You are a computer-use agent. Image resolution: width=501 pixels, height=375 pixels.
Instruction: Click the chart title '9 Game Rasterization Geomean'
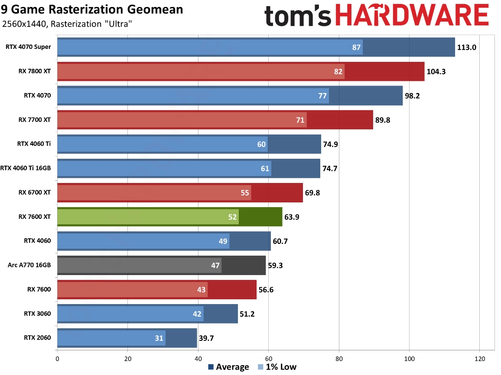(92, 9)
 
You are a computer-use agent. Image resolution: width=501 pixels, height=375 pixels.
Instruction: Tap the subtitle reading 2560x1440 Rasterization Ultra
(67, 24)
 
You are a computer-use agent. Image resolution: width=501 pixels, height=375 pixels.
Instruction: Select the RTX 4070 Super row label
(28, 47)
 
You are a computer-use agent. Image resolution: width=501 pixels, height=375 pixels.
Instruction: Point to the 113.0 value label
(467, 47)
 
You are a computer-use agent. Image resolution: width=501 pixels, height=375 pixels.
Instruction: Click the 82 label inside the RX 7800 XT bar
(338, 71)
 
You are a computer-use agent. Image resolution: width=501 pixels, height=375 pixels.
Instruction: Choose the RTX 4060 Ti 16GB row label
(26, 168)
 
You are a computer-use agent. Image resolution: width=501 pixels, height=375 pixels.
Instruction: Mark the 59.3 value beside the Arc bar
(275, 265)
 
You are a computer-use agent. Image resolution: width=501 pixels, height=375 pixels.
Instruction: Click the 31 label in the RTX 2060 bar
(159, 338)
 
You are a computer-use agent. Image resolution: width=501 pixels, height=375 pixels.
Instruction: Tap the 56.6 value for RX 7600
(266, 289)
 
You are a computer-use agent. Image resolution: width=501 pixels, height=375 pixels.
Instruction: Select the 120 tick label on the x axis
(480, 358)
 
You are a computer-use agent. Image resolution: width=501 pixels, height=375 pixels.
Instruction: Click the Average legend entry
(228, 367)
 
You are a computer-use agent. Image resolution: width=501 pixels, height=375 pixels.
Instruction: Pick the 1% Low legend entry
(277, 367)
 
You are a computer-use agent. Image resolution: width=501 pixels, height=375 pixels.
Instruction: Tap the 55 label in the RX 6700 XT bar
(245, 192)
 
